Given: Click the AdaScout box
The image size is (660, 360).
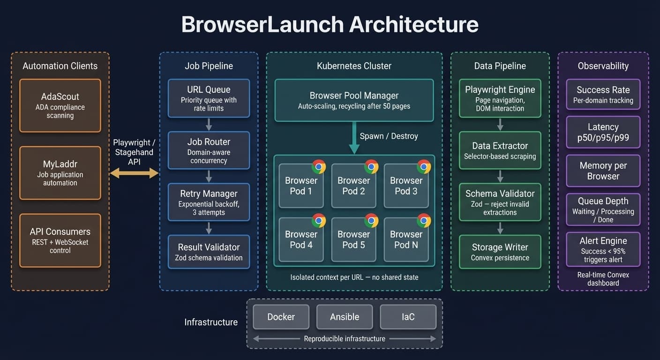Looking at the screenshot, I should [60, 105].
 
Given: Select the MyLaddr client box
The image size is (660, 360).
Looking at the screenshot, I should [60, 173].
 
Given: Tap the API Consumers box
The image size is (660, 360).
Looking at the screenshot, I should [60, 240].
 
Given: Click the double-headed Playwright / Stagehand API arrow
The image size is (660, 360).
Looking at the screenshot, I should [134, 173].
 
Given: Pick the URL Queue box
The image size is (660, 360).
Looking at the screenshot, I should [209, 98].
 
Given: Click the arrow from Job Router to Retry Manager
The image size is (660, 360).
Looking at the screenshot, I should [209, 176].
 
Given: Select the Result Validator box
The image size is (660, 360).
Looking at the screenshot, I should [209, 252].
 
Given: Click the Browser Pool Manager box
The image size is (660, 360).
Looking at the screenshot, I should [354, 100].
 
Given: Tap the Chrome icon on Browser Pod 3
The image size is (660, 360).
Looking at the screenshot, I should [424, 166].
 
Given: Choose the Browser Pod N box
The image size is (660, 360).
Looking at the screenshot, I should [406, 240].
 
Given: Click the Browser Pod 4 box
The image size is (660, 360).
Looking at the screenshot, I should [301, 240].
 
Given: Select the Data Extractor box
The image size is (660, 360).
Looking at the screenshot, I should [500, 150].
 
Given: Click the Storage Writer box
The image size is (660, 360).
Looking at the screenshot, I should [500, 252].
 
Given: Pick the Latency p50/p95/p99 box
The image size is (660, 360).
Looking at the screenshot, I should [603, 132].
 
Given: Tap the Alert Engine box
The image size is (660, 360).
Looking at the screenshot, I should [603, 249].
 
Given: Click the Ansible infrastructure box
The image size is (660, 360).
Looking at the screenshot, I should [345, 317].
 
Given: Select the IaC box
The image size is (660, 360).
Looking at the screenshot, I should [408, 317].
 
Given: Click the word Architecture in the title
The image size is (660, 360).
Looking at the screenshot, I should [413, 24].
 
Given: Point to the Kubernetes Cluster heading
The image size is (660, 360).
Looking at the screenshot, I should [354, 66].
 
